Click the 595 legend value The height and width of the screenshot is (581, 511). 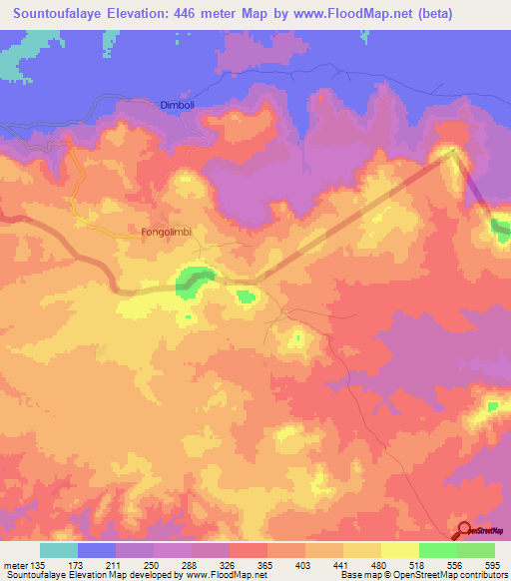coord(493,566)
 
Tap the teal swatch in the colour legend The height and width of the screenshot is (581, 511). coord(59,550)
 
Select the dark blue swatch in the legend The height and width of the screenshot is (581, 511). coord(97,550)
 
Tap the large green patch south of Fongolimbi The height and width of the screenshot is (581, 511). coord(194,280)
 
